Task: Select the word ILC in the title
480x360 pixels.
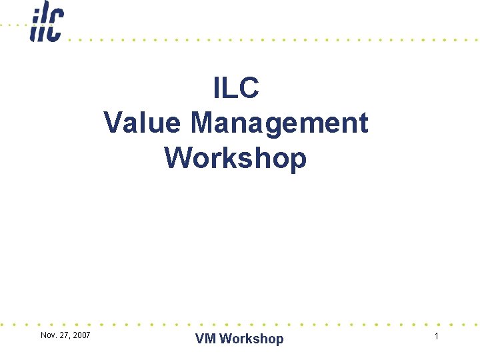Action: point(236,88)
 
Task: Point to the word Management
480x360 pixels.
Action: point(279,123)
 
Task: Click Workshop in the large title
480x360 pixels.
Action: point(235,158)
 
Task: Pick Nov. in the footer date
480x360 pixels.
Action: point(48,335)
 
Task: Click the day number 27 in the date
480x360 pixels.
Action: point(64,335)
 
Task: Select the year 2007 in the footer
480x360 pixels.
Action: point(81,335)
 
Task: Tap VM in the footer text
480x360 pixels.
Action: point(205,339)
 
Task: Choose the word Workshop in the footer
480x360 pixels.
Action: point(251,339)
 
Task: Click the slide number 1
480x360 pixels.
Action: point(437,337)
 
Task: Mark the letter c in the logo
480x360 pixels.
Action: point(55,27)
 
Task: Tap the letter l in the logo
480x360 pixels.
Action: point(44,24)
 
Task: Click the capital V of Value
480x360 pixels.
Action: point(114,123)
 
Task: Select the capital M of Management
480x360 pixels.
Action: point(204,123)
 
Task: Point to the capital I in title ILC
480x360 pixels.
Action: point(217,88)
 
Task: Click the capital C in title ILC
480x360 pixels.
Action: point(248,88)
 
